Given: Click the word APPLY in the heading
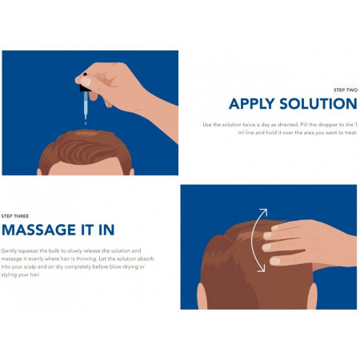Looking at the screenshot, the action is [x=252, y=104].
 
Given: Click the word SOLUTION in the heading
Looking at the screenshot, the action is [x=318, y=104].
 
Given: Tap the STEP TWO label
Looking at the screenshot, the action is [x=346, y=90].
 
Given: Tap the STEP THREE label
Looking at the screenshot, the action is [x=15, y=216].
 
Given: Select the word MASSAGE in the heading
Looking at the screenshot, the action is [x=39, y=230].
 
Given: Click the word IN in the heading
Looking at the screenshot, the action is [x=106, y=230].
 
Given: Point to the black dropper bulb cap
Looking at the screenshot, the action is [x=86, y=87].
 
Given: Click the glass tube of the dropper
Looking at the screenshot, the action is [x=86, y=105].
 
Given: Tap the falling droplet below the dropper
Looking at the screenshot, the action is [x=86, y=123].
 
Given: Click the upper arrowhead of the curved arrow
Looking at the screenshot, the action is [x=263, y=213].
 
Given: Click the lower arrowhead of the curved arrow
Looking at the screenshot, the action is [x=262, y=268].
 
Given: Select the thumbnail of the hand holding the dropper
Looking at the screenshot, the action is [x=86, y=82].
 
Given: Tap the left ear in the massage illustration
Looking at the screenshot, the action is [x=202, y=296].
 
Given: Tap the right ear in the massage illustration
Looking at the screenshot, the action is [x=312, y=296].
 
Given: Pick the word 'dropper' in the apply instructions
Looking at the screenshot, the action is [x=328, y=125].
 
